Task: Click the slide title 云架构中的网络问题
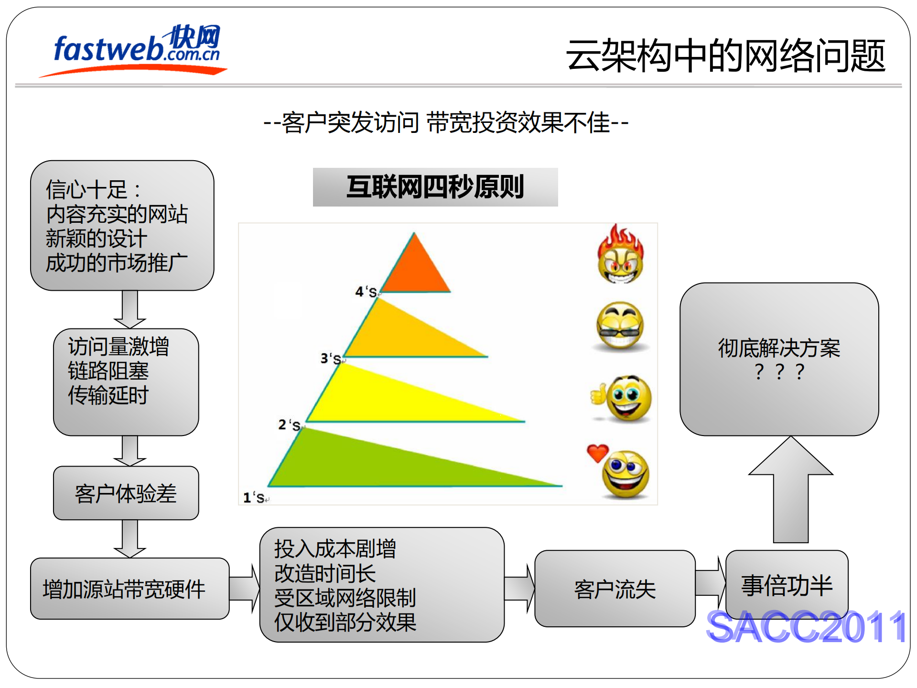tap(725, 56)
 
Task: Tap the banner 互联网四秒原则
tap(435, 187)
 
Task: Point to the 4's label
tap(366, 291)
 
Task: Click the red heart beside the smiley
tap(597, 452)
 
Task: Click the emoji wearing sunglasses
tap(620, 326)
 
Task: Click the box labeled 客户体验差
tap(126, 493)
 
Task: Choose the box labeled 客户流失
tap(615, 589)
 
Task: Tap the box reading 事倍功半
tap(787, 585)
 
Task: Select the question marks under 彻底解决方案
tap(779, 372)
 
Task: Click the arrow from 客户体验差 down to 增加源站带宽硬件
tap(129, 538)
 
